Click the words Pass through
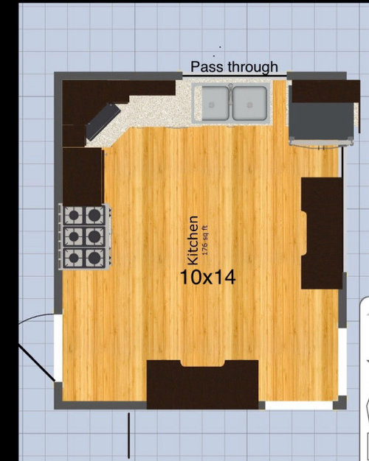click(x=234, y=67)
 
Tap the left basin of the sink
click(x=215, y=103)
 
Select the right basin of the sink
click(x=250, y=103)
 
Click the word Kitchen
click(x=193, y=240)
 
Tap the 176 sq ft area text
click(x=205, y=240)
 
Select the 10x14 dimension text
click(x=208, y=277)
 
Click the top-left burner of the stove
click(x=74, y=215)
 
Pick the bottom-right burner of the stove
click(x=94, y=258)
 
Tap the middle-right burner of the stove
click(x=94, y=236)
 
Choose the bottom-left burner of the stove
click(x=74, y=258)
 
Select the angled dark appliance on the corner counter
click(x=103, y=122)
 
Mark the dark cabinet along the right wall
click(x=322, y=233)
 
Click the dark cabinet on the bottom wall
click(x=202, y=384)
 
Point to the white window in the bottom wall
click(x=299, y=406)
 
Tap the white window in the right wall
click(x=342, y=362)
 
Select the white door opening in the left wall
click(x=58, y=348)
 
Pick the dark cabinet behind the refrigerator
click(x=325, y=91)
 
